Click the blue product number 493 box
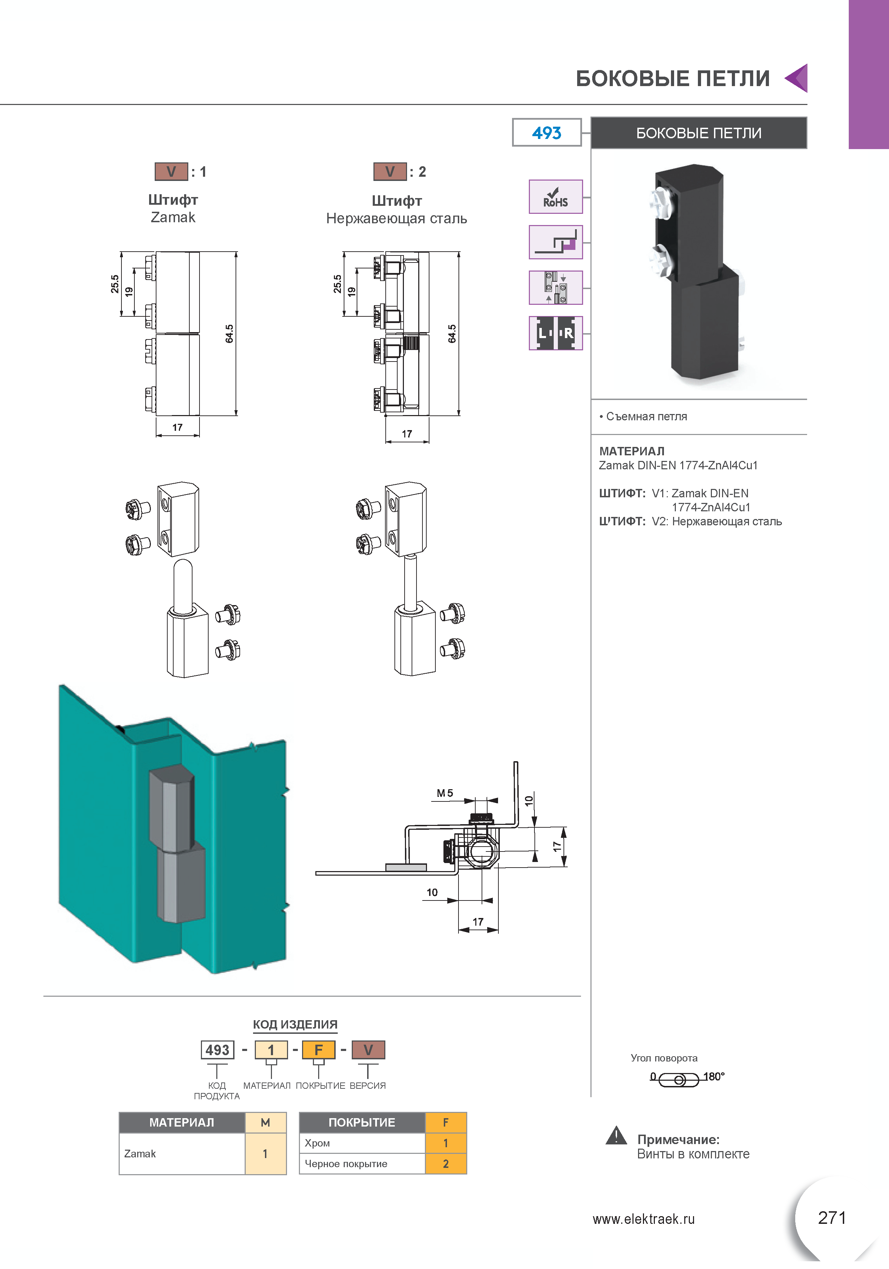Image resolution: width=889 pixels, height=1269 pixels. click(x=546, y=133)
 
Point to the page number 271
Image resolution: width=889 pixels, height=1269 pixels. click(x=832, y=1218)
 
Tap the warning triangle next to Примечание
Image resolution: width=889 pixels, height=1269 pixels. click(x=616, y=1135)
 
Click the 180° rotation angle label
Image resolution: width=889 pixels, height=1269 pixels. click(x=714, y=1077)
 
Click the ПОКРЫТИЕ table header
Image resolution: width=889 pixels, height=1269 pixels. click(x=362, y=1122)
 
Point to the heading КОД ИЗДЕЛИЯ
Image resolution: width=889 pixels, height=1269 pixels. click(x=295, y=1024)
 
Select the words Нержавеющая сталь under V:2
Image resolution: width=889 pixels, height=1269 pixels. click(x=397, y=218)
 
